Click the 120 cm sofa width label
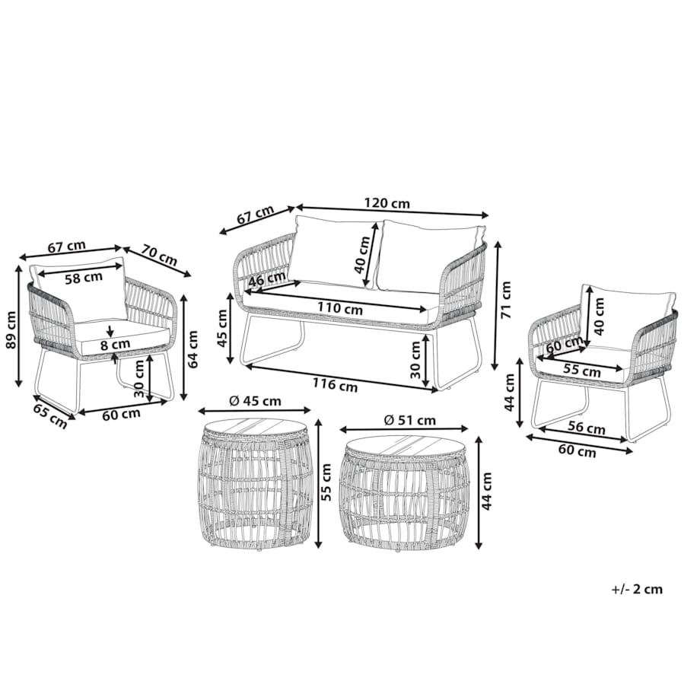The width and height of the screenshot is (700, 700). (387, 203)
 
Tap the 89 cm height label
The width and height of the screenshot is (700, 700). (11, 329)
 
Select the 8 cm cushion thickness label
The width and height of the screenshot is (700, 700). (115, 344)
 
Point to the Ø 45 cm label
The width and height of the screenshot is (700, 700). (255, 401)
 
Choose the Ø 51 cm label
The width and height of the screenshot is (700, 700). (410, 420)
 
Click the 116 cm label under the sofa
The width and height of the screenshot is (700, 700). (335, 384)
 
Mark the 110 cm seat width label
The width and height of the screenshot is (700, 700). (340, 308)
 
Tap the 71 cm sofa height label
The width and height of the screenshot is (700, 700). (505, 300)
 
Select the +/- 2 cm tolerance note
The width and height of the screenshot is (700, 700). (637, 589)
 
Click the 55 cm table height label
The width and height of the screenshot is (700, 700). (326, 482)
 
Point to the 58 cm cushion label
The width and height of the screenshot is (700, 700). (84, 278)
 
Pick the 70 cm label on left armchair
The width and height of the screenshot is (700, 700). (159, 255)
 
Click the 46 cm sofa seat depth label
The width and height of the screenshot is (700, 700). (267, 279)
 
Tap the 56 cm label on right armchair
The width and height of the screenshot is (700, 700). (587, 428)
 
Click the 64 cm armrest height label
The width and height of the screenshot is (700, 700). (192, 349)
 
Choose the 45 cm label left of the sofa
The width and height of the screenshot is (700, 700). (222, 328)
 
